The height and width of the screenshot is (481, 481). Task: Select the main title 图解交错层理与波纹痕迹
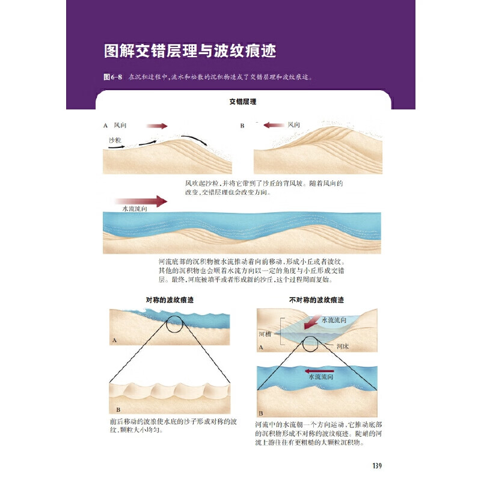pyautogui.click(x=189, y=51)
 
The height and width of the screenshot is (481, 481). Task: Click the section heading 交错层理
pyautogui.click(x=243, y=102)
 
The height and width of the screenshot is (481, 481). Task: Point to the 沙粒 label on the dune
pyautogui.click(x=115, y=139)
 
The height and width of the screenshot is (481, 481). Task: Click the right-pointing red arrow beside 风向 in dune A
pyautogui.click(x=157, y=126)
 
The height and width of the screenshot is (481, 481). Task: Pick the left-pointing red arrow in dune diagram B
pyautogui.click(x=274, y=126)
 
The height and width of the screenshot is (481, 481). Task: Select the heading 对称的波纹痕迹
pyautogui.click(x=170, y=299)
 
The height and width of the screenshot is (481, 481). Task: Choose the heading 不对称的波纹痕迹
pyautogui.click(x=317, y=299)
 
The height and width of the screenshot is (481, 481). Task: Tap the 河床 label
pyautogui.click(x=343, y=346)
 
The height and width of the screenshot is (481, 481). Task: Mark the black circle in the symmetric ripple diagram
pyautogui.click(x=173, y=325)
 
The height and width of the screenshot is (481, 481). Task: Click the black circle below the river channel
pyautogui.click(x=310, y=344)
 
